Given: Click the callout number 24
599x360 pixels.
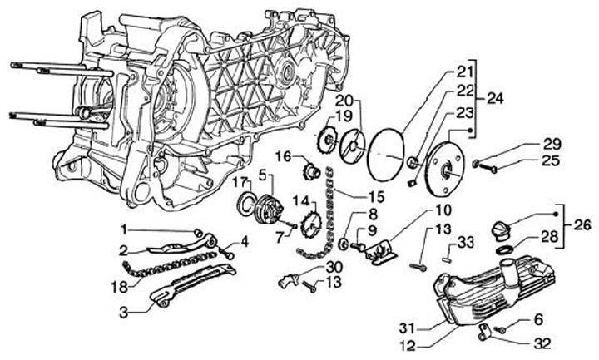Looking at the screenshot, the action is pos(495,98).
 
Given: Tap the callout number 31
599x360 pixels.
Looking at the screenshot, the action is pos(408,328).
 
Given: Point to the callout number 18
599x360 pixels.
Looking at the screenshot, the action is pos(120,286).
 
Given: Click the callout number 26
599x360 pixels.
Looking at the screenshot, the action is pos(583,224).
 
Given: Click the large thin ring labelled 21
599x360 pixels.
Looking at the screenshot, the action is pos(385,155).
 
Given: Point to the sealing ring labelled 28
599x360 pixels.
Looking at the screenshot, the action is pos(505,249).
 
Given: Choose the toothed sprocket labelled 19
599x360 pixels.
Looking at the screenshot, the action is pos(328,141).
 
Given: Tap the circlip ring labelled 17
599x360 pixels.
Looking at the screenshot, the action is pos(248,202).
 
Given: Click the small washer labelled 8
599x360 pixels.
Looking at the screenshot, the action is pos(344,244).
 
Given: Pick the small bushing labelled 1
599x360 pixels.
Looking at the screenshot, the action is pos(198,233).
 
